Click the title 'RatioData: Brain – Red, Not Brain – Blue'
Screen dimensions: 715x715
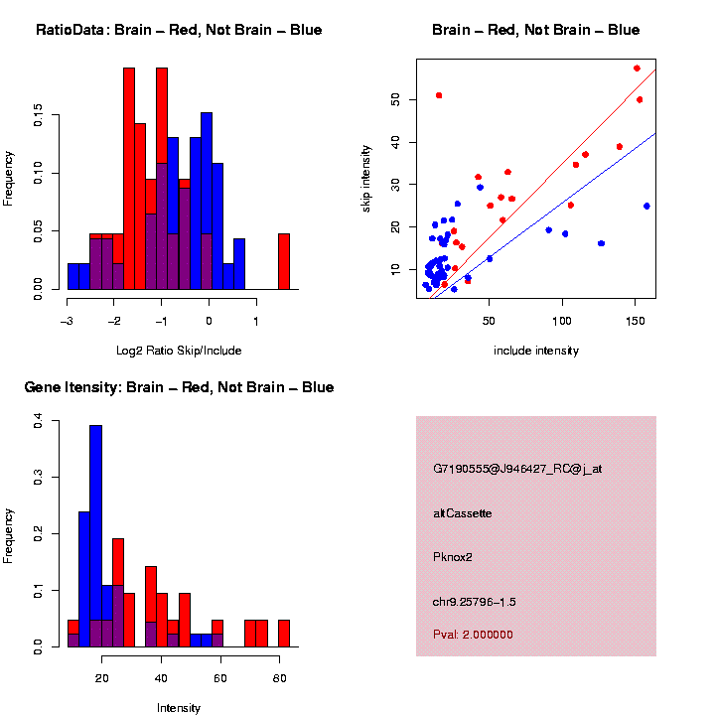click(x=179, y=30)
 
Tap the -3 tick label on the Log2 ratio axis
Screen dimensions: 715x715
click(x=67, y=321)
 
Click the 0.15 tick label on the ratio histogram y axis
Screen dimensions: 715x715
click(x=39, y=117)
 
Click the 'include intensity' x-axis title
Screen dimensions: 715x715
click(x=535, y=350)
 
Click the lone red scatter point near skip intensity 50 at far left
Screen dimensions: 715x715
click(x=439, y=95)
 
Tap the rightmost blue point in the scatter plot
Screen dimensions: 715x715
click(x=646, y=206)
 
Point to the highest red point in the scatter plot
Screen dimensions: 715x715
click(x=637, y=69)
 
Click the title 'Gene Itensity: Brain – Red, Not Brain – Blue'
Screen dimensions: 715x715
click(x=179, y=386)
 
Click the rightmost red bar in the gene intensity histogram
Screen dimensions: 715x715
click(x=283, y=633)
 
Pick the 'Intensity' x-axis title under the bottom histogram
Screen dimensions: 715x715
click(x=179, y=708)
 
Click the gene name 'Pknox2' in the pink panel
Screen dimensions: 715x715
click(x=453, y=557)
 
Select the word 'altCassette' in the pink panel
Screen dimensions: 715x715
click(x=463, y=513)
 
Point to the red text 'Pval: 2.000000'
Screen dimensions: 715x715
click(x=473, y=635)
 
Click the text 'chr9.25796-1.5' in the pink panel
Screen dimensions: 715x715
click(x=475, y=602)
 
